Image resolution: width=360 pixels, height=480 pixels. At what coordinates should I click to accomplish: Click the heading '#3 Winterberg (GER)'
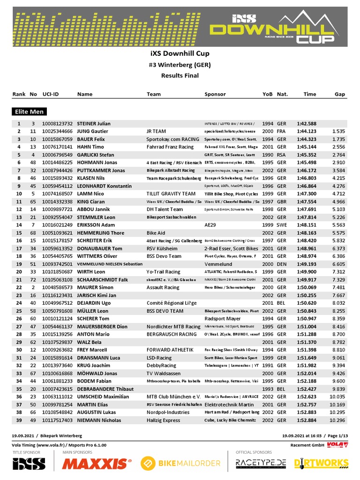click(180, 65)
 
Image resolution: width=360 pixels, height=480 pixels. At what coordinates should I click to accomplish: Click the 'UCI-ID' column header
click(51, 94)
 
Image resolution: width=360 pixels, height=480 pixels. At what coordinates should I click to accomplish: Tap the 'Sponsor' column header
click(215, 94)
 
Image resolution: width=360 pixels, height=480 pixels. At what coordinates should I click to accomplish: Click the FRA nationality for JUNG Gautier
click(281, 132)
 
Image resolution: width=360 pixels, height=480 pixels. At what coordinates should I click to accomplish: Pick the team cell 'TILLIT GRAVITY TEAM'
click(171, 194)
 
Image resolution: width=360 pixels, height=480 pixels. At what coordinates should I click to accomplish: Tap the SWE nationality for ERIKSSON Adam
click(282, 225)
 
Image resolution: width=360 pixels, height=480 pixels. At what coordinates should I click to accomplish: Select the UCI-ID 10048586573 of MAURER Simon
click(57, 287)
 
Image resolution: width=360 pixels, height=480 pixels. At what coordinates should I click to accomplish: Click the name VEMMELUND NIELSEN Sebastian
click(110, 264)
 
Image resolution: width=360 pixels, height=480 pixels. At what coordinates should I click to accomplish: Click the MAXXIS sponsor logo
click(96, 464)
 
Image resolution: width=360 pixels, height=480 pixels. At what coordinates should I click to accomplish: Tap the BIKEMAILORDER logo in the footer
click(180, 464)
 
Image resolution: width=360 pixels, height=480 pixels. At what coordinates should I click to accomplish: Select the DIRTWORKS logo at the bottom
click(321, 464)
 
